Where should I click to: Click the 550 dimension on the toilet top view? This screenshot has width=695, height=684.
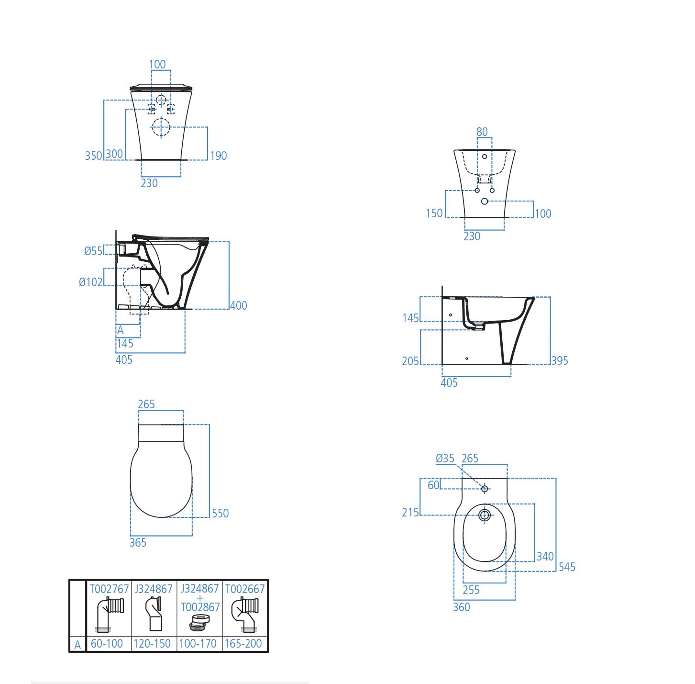tap(220, 513)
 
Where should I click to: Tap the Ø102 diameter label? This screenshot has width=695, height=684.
tap(91, 282)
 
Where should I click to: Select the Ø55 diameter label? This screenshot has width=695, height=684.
tap(93, 251)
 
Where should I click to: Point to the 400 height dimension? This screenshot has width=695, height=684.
tap(239, 305)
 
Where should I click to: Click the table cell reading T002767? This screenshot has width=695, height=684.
tap(109, 589)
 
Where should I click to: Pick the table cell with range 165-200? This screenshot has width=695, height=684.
tap(243, 644)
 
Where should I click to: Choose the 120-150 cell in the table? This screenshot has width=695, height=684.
tap(152, 644)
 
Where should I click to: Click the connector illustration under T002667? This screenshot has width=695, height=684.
tap(244, 615)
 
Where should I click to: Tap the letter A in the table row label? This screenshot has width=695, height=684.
tap(77, 645)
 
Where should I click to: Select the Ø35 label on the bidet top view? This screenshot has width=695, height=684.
tap(445, 459)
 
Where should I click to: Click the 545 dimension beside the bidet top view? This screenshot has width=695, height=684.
tap(567, 567)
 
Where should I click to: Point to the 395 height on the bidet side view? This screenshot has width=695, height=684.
tap(560, 361)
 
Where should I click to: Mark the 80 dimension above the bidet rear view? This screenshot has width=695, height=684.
tap(482, 132)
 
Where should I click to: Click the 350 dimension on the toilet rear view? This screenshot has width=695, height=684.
tap(93, 156)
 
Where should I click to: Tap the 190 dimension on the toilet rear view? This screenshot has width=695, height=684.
tap(219, 156)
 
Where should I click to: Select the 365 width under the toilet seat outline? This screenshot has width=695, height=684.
tap(138, 542)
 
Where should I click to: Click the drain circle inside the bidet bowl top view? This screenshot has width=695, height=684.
tap(485, 515)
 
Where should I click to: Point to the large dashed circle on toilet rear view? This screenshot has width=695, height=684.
tap(161, 127)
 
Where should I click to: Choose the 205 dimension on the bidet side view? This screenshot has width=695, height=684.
tap(410, 361)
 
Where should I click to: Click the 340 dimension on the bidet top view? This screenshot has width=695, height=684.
tap(545, 556)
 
